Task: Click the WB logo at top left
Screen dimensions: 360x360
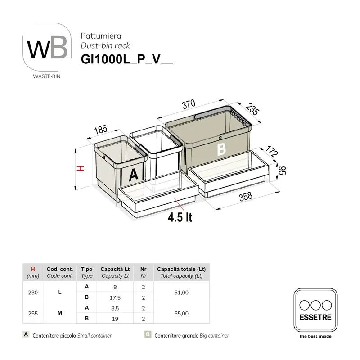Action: click(47, 49)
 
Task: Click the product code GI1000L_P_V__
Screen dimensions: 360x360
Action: click(126, 59)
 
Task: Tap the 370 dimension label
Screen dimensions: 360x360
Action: click(189, 104)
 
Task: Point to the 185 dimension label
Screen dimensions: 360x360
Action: click(100, 130)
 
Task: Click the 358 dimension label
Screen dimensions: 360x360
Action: click(245, 198)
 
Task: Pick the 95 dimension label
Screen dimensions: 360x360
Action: click(282, 171)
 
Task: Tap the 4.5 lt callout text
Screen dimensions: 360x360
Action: click(180, 218)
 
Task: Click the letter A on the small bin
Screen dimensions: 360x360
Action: click(133, 175)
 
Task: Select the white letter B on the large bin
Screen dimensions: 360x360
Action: click(221, 149)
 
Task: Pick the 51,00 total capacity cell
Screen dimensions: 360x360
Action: click(181, 292)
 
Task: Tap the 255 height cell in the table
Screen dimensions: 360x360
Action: click(33, 314)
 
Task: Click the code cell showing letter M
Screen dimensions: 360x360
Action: click(60, 314)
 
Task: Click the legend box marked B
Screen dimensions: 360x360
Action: click(148, 335)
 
